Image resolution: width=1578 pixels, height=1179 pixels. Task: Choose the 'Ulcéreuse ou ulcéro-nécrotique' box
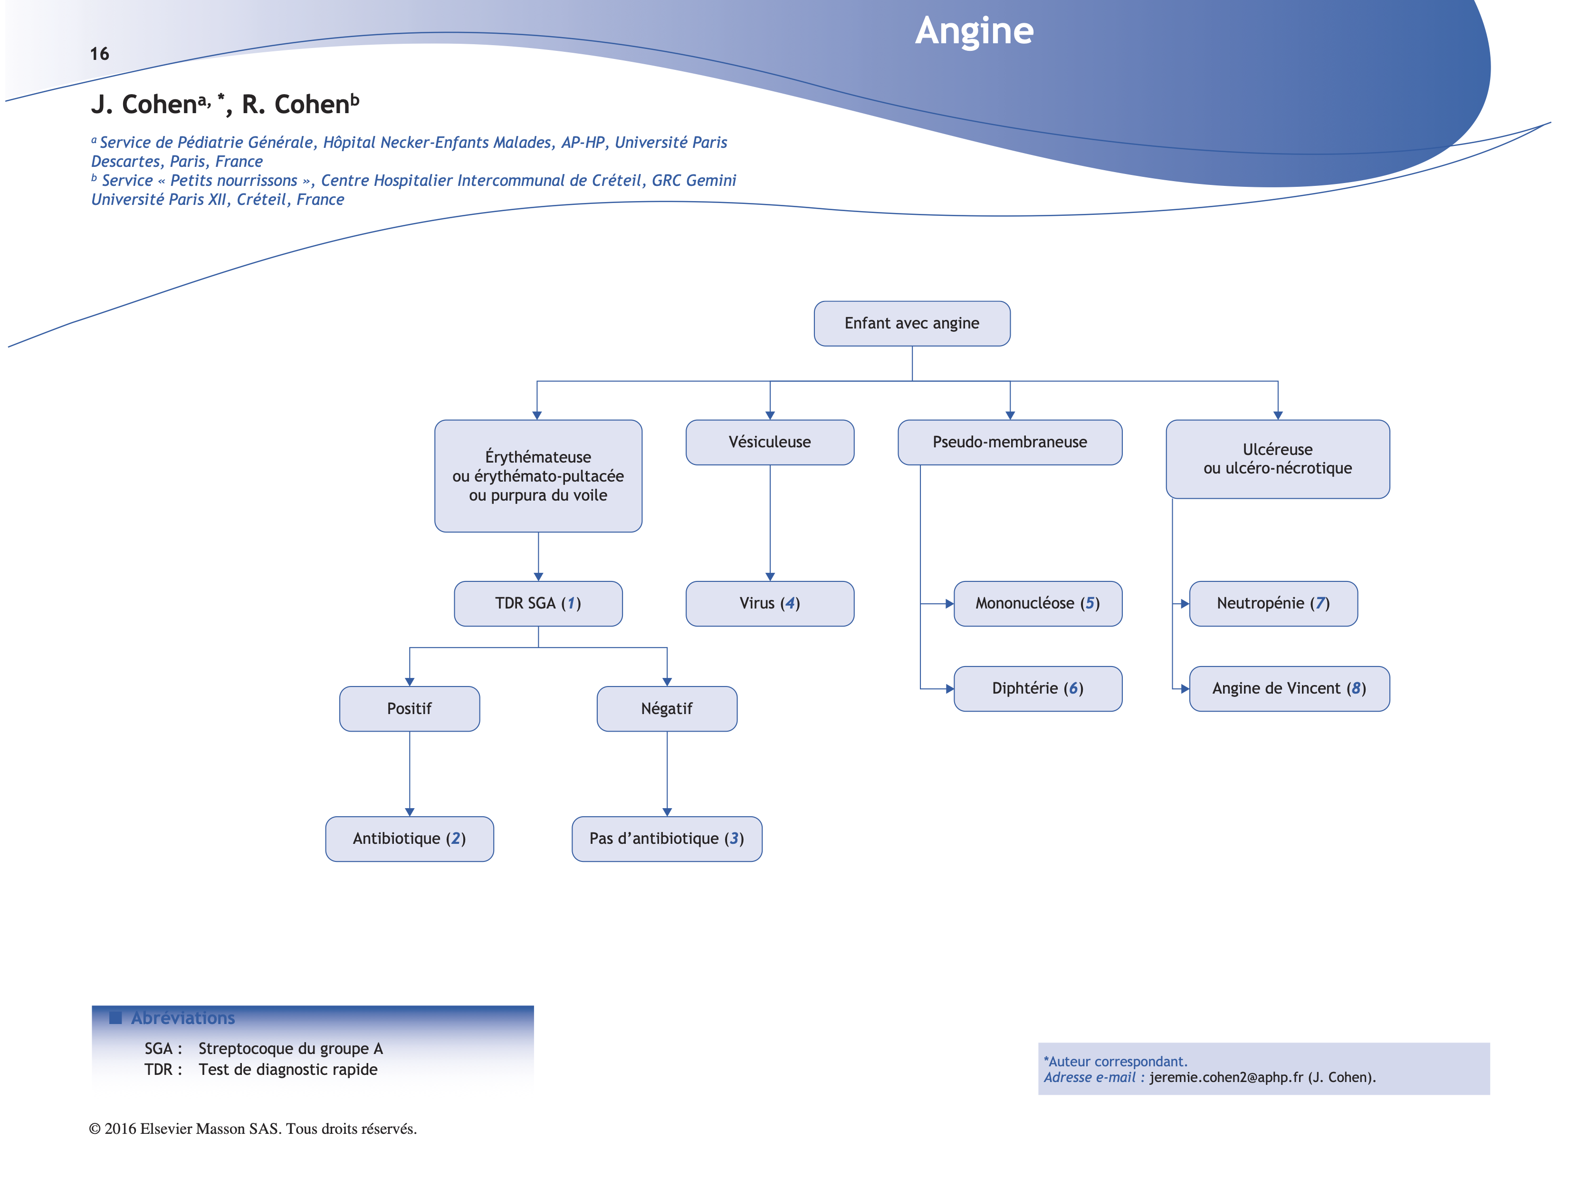click(x=1277, y=459)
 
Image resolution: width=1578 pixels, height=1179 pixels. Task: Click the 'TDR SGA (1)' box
click(x=538, y=603)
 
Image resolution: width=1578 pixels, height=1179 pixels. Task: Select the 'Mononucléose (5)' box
click(x=1037, y=603)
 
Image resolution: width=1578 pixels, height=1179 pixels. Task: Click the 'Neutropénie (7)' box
click(x=1272, y=603)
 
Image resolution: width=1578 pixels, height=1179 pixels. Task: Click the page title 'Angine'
click(x=974, y=31)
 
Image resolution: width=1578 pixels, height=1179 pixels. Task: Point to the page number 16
click(x=99, y=54)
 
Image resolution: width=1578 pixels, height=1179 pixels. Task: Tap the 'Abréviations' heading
click(x=182, y=1018)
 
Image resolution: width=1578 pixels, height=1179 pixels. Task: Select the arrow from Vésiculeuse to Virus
click(x=770, y=522)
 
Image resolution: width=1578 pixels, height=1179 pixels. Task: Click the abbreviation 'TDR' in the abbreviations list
click(x=158, y=1069)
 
